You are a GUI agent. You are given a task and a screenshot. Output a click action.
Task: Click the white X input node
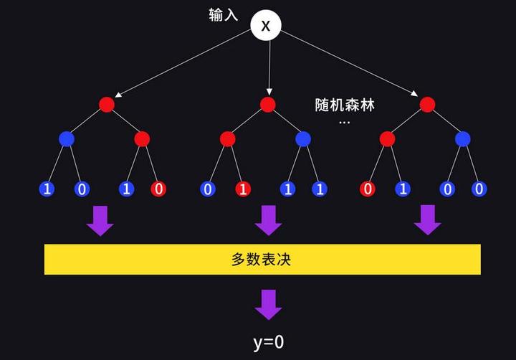pyautogui.click(x=266, y=26)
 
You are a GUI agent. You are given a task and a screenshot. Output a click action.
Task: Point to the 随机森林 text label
pyautogui.click(x=345, y=105)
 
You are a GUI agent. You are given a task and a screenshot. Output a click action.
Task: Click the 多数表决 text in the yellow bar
pyautogui.click(x=262, y=259)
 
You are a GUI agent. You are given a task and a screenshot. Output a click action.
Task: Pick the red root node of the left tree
pyautogui.click(x=107, y=105)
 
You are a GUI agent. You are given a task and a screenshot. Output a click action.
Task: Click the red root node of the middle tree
pyautogui.click(x=268, y=105)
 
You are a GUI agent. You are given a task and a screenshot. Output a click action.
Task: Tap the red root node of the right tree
pyautogui.click(x=428, y=105)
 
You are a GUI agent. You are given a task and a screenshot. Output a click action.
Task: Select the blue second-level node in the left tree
pyautogui.click(x=67, y=138)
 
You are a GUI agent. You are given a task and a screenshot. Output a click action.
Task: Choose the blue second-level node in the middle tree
pyautogui.click(x=303, y=138)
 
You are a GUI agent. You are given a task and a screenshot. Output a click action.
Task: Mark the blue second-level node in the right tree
pyautogui.click(x=463, y=138)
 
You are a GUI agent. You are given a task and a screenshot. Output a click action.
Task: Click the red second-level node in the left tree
pyautogui.click(x=142, y=138)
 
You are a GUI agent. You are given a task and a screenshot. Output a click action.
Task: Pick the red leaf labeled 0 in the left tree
pyautogui.click(x=158, y=189)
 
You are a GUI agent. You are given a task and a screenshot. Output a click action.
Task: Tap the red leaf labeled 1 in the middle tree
pyautogui.click(x=244, y=189)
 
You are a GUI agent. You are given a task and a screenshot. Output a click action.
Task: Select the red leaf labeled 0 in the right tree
pyautogui.click(x=368, y=189)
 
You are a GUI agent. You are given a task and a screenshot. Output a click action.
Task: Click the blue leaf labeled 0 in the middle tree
pyautogui.click(x=208, y=189)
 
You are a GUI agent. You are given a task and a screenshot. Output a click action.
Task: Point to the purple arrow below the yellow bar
pyautogui.click(x=269, y=304)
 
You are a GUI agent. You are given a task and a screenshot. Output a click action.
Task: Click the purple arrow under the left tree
pyautogui.click(x=100, y=220)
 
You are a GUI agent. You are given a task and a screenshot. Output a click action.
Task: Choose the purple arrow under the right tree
pyautogui.click(x=428, y=220)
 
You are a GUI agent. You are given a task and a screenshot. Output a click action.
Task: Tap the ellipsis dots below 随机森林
pyautogui.click(x=345, y=123)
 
